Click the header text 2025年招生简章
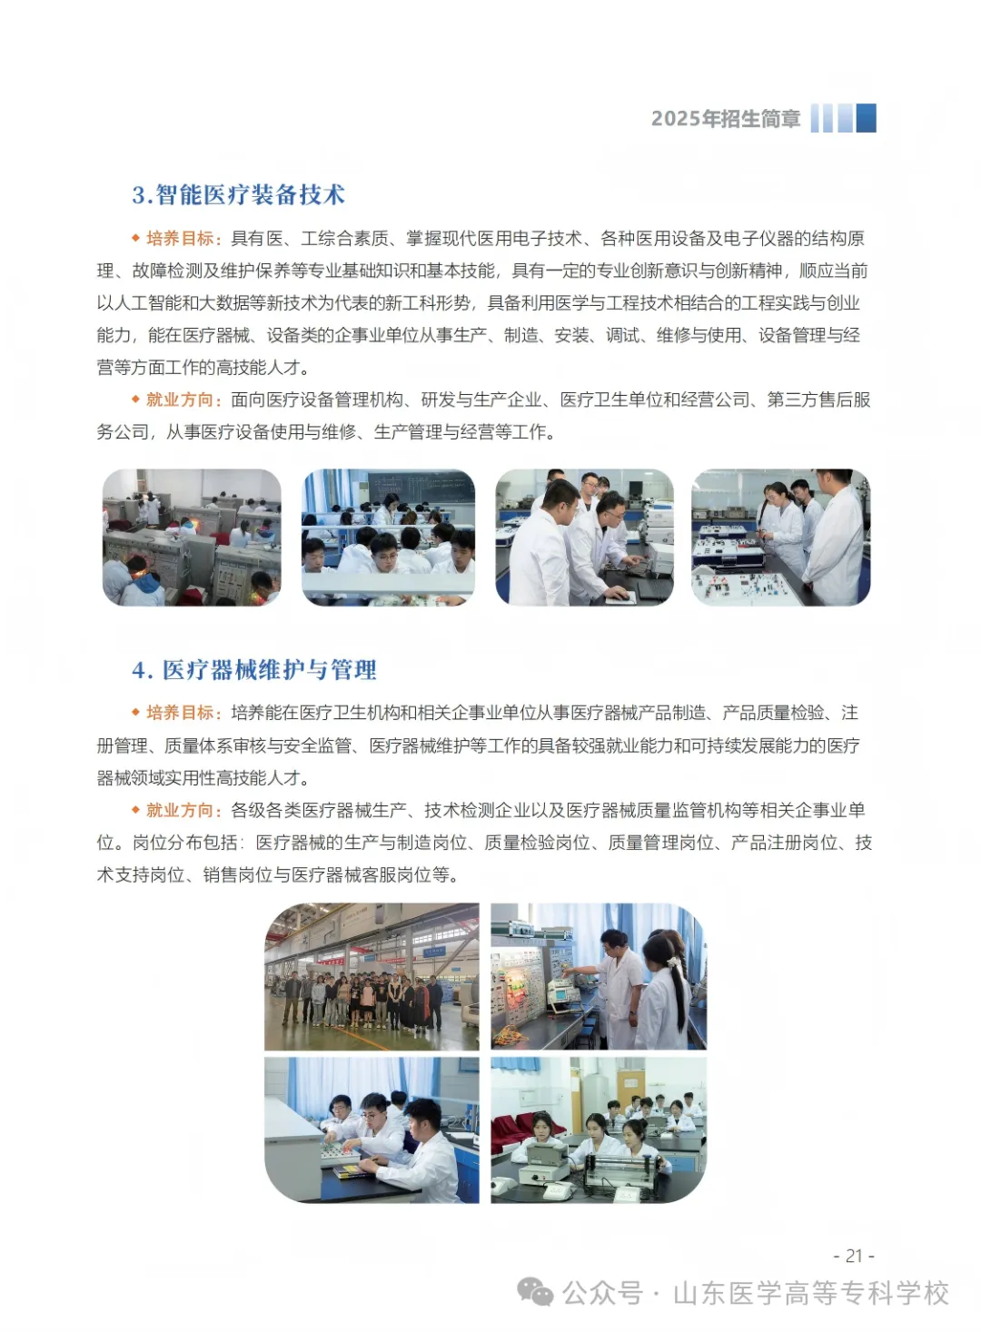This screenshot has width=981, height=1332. pos(725,119)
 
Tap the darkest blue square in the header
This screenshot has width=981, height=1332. pos(866,118)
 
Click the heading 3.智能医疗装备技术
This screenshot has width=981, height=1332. pos(238,195)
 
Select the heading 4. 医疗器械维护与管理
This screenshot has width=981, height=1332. pos(254,670)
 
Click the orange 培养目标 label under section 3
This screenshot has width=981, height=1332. pos(180,239)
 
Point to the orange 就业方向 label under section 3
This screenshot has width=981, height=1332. pos(180,400)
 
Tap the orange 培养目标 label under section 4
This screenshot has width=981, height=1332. pos(180,713)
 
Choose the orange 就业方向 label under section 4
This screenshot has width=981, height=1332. pos(180,810)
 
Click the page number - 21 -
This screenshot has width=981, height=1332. pos(854,1256)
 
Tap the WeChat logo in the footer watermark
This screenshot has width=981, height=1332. pos(535,1292)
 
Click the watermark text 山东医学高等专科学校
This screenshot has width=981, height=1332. pos(810,1293)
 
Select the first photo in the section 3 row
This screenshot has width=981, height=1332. pos(192,538)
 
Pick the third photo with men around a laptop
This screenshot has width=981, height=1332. pos(584,538)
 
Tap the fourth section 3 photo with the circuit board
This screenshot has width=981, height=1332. pos(780,538)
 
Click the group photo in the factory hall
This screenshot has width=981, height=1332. pos(372,977)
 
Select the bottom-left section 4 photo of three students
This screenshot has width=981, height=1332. pos(372,1130)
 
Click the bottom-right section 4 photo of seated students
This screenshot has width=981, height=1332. pos(598,1130)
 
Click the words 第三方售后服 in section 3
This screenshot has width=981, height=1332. pos(818,400)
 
